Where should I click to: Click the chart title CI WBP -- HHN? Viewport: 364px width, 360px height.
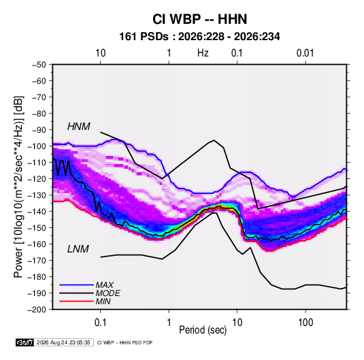pyautogui.click(x=199, y=19)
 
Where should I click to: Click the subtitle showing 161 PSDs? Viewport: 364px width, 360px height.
pyautogui.click(x=199, y=37)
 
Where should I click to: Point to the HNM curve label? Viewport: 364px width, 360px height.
pyautogui.click(x=79, y=127)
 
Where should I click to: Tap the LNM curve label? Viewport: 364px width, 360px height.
pyautogui.click(x=78, y=249)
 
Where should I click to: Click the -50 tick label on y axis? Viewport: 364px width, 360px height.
pyautogui.click(x=39, y=65)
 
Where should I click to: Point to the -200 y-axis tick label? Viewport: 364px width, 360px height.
pyautogui.click(x=37, y=310)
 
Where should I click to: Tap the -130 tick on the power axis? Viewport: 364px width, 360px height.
pyautogui.click(x=37, y=195)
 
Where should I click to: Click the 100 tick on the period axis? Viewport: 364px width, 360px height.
pyautogui.click(x=305, y=323)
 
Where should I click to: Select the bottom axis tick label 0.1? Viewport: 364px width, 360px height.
pyautogui.click(x=100, y=323)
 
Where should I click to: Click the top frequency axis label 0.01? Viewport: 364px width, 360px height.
pyautogui.click(x=305, y=53)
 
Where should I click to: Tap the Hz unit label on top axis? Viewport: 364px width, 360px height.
pyautogui.click(x=203, y=53)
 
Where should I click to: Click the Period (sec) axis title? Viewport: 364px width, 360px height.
pyautogui.click(x=203, y=330)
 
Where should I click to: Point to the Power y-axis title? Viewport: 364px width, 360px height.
pyautogui.click(x=18, y=187)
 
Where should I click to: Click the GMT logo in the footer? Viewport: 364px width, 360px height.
pyautogui.click(x=25, y=342)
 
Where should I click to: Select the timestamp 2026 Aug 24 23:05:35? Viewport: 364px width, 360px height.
pyautogui.click(x=63, y=342)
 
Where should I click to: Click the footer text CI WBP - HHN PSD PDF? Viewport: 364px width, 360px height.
pyautogui.click(x=125, y=342)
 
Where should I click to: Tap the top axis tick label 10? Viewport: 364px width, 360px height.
pyautogui.click(x=101, y=53)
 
